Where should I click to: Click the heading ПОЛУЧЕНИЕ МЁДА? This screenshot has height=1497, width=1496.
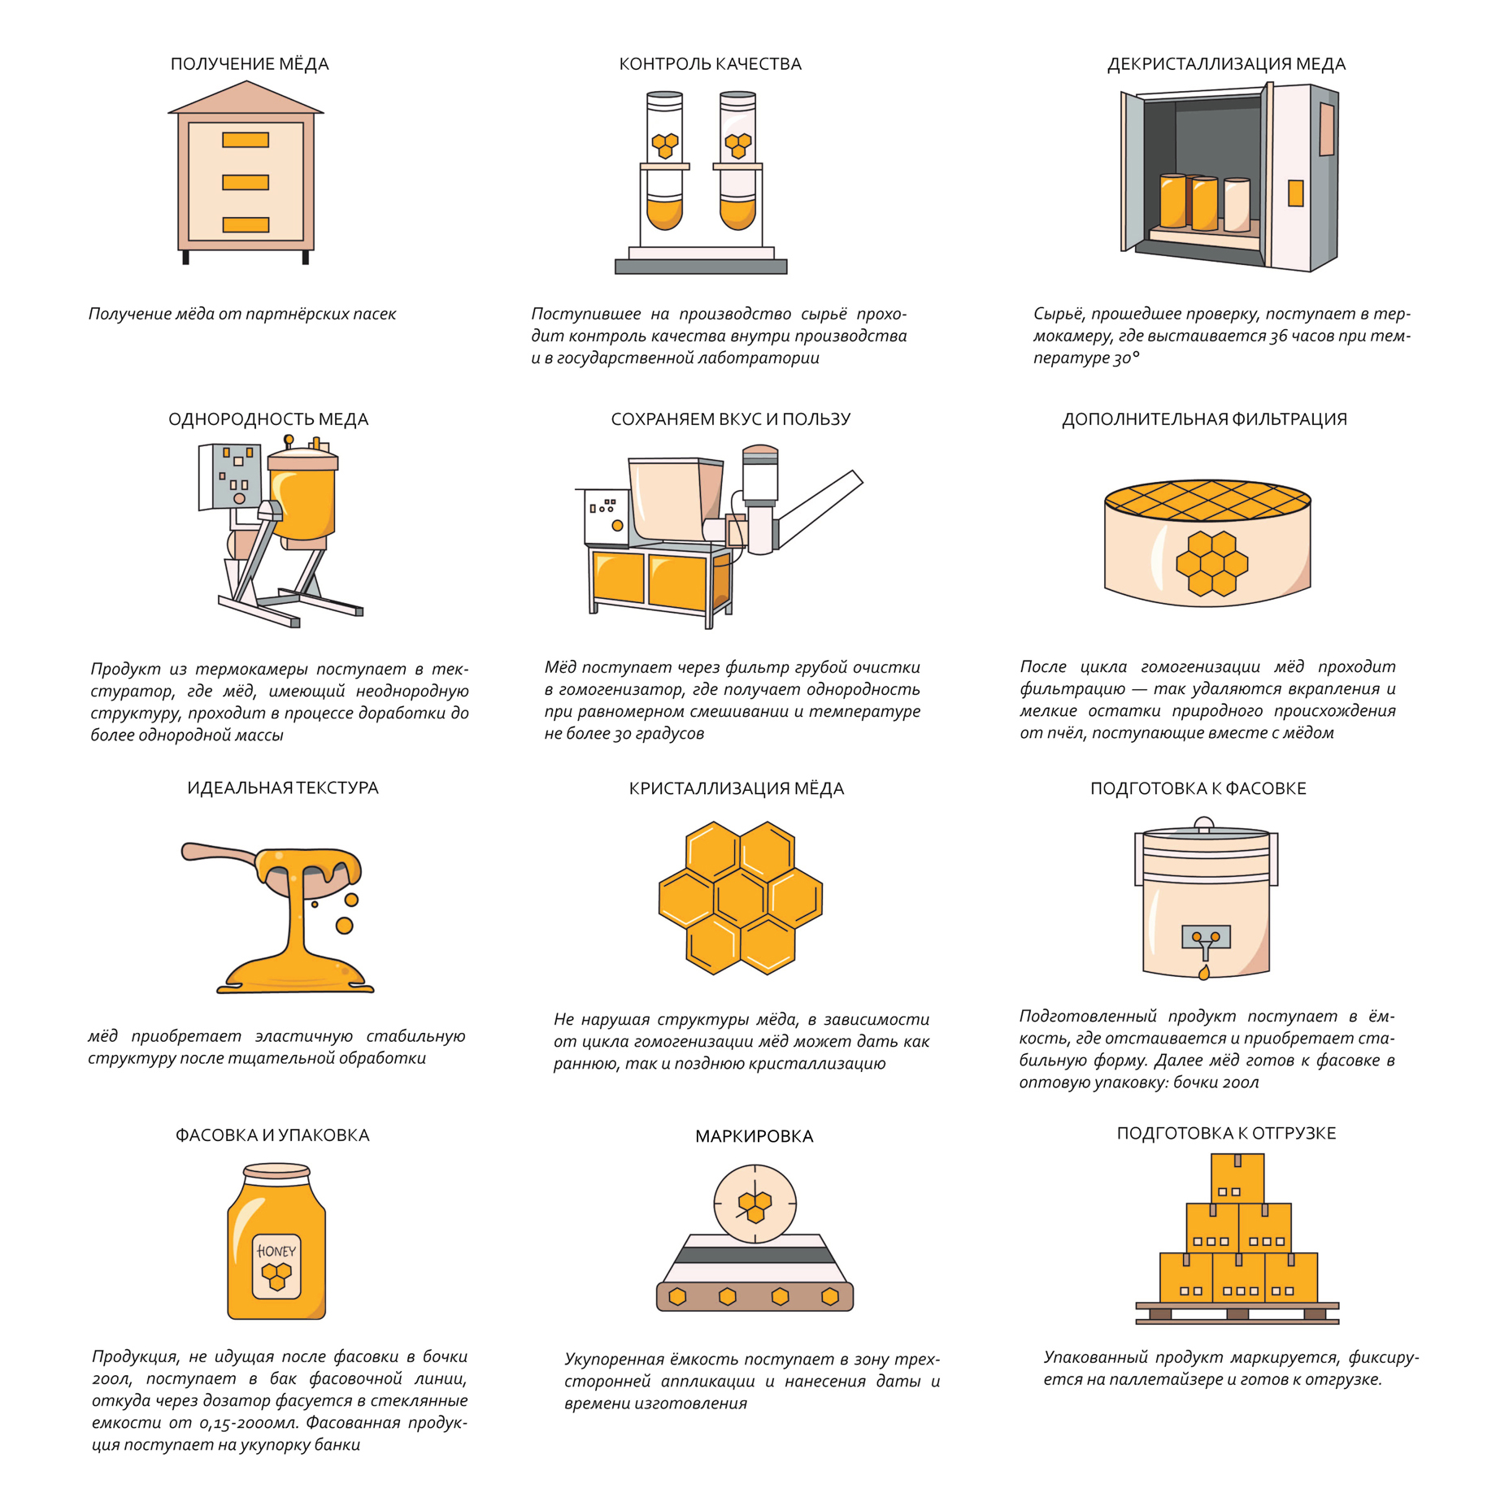[250, 64]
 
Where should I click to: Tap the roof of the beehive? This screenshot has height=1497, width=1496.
[246, 98]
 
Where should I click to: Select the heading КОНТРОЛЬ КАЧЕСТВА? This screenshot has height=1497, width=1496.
[710, 64]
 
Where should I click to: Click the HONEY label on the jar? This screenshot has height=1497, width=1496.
[276, 1251]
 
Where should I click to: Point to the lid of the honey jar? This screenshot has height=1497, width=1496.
[276, 1171]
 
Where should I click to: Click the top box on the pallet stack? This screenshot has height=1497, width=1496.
[1237, 1178]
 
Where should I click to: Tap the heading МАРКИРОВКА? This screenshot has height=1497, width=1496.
[754, 1136]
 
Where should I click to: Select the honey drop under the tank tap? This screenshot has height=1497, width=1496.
[1204, 972]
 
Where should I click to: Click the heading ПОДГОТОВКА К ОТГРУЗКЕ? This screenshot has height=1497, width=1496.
[1226, 1133]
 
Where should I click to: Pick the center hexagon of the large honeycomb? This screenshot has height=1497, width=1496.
[740, 897]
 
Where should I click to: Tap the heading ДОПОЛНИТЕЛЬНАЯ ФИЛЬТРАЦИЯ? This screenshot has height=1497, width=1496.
[1204, 419]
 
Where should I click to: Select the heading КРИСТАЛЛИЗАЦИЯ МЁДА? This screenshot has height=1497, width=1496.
[737, 788]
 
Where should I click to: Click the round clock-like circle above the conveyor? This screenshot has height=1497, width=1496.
[755, 1204]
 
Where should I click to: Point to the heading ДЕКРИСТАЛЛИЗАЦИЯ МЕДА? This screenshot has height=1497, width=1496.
[1226, 64]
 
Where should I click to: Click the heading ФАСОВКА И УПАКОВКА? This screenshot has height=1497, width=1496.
[272, 1135]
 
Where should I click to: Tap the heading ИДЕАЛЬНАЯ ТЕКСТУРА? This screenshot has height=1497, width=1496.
[283, 788]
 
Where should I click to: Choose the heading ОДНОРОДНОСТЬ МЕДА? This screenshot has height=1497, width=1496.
[268, 419]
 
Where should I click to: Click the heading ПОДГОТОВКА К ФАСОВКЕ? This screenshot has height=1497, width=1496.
[1198, 788]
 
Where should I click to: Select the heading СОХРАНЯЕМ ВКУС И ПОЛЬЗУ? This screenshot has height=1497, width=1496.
[731, 419]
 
